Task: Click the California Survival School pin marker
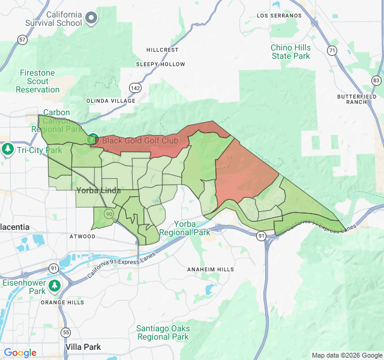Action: [x=91, y=18]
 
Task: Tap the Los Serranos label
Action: [x=279, y=15]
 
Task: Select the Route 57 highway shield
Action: [x=22, y=40]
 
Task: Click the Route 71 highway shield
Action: [x=332, y=51]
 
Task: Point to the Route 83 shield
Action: [x=376, y=80]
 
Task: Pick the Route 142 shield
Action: [x=137, y=88]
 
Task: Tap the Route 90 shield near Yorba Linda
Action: [x=109, y=214]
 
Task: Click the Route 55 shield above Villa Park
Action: [x=66, y=332]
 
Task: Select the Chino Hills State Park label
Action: [x=290, y=52]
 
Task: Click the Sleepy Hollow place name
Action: [x=161, y=64]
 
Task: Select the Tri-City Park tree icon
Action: [x=8, y=149]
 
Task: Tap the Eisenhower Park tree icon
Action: [x=55, y=285]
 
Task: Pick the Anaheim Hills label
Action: [x=211, y=269]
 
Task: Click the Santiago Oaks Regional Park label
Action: [x=163, y=332]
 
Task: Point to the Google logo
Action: [x=20, y=353]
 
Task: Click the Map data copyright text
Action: [x=346, y=355]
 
